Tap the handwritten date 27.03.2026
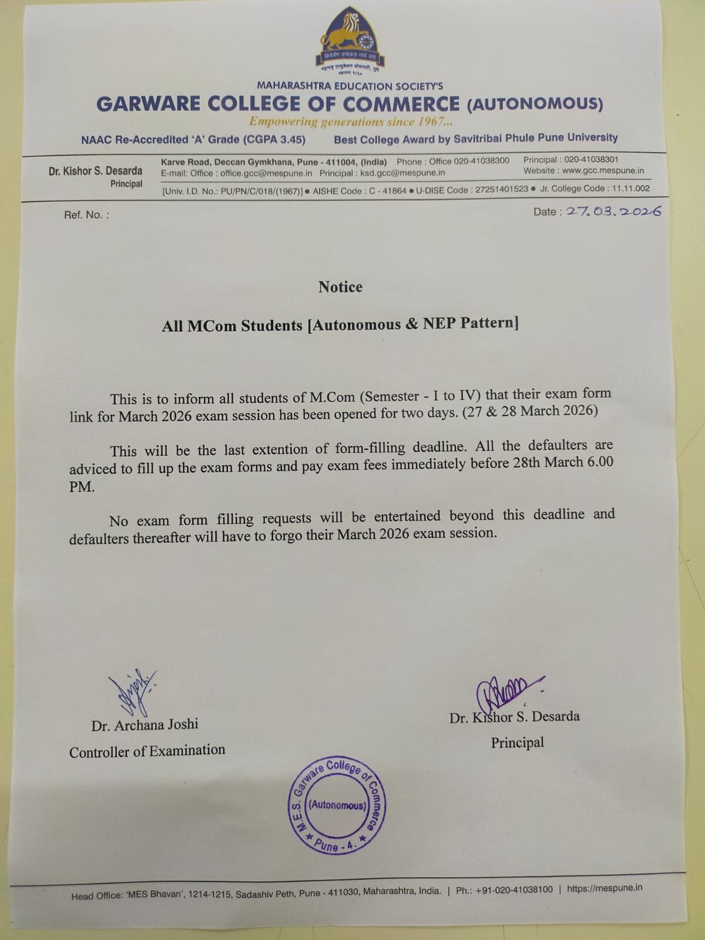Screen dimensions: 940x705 [612, 211]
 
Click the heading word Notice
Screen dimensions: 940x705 [340, 287]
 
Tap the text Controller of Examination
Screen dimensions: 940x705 [147, 751]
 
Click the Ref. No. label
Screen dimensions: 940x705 [86, 215]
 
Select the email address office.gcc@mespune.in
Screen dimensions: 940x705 [266, 173]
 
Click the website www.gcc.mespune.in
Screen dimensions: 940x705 [603, 171]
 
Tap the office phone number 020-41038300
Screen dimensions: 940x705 [481, 161]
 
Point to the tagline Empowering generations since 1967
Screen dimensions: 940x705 [351, 122]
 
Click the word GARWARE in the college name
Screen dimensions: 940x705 [148, 105]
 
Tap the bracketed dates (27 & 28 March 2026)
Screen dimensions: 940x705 [530, 411]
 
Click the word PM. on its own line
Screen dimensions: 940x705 [82, 487]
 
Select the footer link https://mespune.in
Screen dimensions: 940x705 [604, 888]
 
